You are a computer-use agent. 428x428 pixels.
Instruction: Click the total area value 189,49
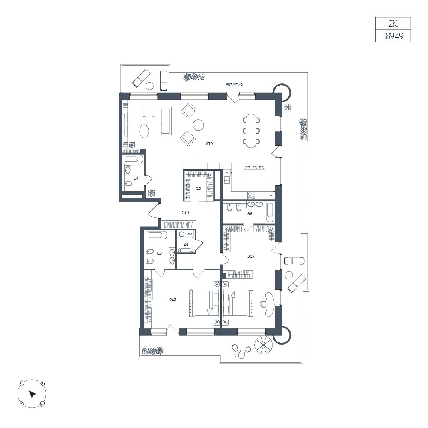tap(393, 36)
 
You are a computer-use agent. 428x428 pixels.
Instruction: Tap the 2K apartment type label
tap(393, 24)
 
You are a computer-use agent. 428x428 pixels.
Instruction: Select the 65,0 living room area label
tap(209, 143)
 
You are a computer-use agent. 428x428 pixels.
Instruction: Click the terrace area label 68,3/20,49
tap(234, 85)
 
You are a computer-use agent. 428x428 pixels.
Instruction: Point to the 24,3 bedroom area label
tap(173, 300)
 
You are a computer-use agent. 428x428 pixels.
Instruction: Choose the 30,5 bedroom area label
tap(250, 256)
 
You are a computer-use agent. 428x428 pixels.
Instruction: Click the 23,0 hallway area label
tap(185, 212)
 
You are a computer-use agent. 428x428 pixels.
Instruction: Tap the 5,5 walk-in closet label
tap(199, 188)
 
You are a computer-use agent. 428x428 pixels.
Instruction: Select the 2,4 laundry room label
tap(186, 244)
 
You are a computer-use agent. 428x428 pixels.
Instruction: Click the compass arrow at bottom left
tap(32, 394)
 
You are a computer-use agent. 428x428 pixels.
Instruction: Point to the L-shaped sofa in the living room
tap(158, 120)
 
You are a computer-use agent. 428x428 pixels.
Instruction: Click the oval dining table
tap(251, 131)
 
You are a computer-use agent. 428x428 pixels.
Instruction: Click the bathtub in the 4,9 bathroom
tap(133, 159)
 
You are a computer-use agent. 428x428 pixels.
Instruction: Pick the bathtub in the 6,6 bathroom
tap(270, 213)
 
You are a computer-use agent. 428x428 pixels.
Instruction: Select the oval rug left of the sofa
tap(144, 131)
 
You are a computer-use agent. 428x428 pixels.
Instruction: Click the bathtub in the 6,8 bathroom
tap(157, 235)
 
